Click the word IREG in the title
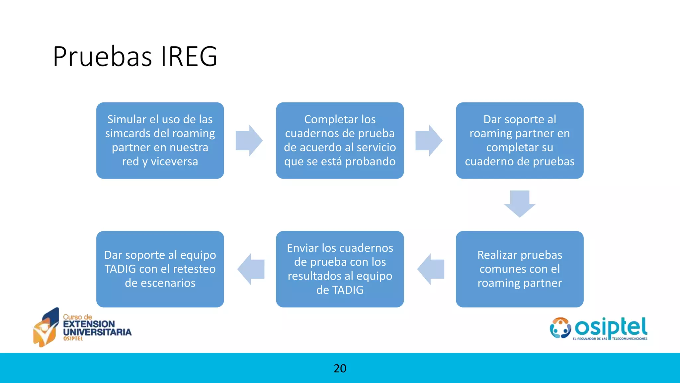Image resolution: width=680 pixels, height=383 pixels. [189, 57]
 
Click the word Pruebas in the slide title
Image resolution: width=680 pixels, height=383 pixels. [102, 57]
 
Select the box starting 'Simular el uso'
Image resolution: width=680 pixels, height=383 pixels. [160, 140]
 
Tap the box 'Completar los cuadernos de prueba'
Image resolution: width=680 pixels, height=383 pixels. [340, 140]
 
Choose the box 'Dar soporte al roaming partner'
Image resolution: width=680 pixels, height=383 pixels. [520, 140]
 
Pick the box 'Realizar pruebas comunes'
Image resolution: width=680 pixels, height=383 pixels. [520, 269]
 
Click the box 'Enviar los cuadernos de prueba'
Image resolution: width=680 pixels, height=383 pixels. [340, 269]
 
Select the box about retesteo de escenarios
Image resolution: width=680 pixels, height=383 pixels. [160, 269]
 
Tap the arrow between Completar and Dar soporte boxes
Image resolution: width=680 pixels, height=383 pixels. [429, 141]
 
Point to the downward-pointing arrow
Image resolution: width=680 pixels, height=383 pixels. [520, 203]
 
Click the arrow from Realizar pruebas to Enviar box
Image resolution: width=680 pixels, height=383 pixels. [431, 269]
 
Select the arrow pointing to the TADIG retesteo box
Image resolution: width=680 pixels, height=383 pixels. [251, 269]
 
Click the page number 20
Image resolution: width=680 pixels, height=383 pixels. [340, 368]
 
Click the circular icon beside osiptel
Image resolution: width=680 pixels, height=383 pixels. [560, 328]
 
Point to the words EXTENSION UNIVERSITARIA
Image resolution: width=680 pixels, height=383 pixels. [97, 328]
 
